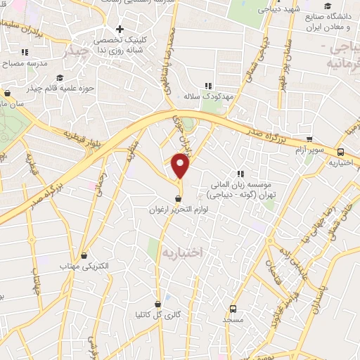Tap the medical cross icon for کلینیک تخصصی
pyautogui.click(x=120, y=30)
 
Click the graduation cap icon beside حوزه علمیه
pyautogui.click(x=60, y=78)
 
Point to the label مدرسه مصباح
pyautogui.click(x=25, y=63)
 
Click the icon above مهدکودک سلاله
pyautogui.click(x=207, y=85)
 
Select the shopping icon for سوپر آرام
pyautogui.click(x=309, y=139)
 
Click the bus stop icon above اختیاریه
pyautogui.click(x=340, y=151)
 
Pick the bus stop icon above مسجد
pyautogui.click(x=233, y=307)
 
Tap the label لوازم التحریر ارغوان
pyautogui.click(x=176, y=210)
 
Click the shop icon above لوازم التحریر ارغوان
pyautogui.click(x=177, y=198)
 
